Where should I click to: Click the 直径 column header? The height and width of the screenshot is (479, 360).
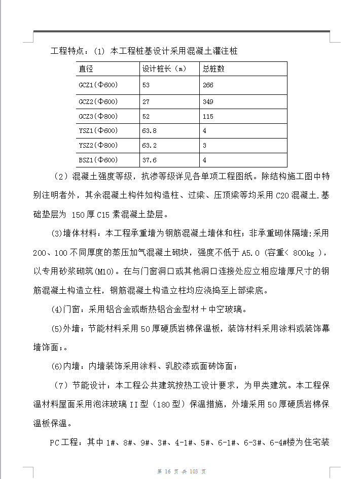click(x=86, y=69)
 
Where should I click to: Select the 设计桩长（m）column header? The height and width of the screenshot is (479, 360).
click(x=162, y=69)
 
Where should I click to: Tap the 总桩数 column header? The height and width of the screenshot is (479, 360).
click(x=213, y=69)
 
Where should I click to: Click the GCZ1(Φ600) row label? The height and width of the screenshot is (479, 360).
click(x=98, y=85)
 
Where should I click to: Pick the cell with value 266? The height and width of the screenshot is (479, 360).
click(x=208, y=85)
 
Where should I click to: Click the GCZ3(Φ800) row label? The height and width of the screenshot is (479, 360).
click(x=98, y=116)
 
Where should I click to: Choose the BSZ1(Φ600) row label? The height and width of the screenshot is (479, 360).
click(x=98, y=160)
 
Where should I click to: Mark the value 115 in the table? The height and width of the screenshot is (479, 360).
click(x=208, y=116)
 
